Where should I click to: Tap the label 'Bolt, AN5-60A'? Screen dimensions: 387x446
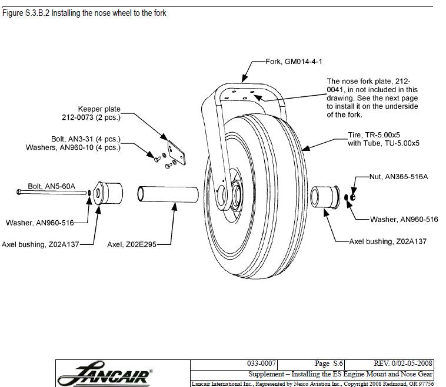click(x=51, y=186)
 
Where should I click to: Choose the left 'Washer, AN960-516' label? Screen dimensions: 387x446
click(x=38, y=223)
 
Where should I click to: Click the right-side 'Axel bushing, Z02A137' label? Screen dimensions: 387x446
click(x=388, y=241)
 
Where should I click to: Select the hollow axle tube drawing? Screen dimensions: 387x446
click(x=168, y=194)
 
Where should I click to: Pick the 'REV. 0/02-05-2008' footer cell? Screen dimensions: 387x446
click(x=403, y=364)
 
